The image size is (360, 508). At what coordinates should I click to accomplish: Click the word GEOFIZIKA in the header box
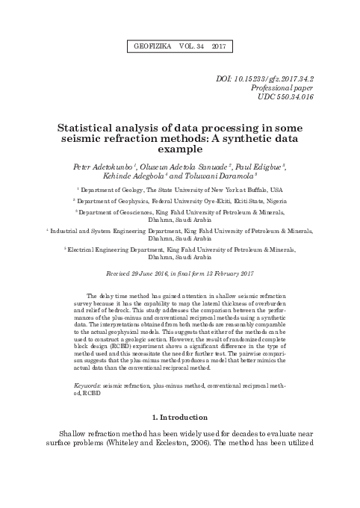150,46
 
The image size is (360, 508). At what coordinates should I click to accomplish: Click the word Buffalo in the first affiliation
255,190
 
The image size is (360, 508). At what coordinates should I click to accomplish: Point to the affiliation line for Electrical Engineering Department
179,248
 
